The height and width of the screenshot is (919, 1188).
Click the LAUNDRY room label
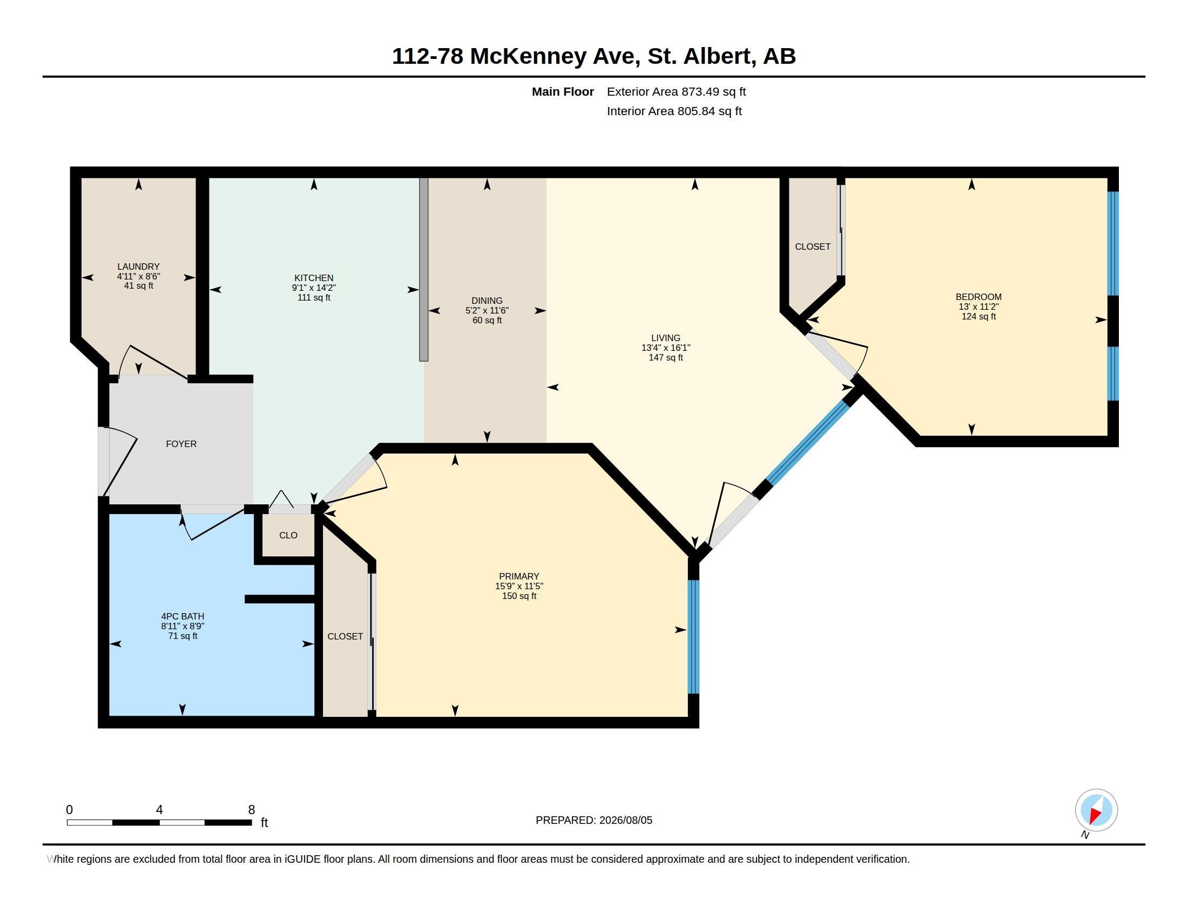(x=138, y=267)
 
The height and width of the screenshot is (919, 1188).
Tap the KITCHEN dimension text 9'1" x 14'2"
(x=314, y=288)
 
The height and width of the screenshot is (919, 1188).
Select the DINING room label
(x=487, y=301)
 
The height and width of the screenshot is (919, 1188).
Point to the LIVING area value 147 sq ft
(x=666, y=358)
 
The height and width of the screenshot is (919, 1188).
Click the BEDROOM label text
(x=978, y=297)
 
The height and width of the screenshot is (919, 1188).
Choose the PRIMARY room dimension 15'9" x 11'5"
(x=519, y=587)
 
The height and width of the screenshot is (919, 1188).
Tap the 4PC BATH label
(x=183, y=616)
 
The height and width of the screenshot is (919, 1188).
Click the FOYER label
(x=181, y=444)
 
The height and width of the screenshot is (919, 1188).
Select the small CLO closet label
(x=288, y=535)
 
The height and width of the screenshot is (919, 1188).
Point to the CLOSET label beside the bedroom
(x=813, y=247)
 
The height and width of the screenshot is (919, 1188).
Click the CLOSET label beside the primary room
(x=345, y=636)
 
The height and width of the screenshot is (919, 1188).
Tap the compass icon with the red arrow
(x=1096, y=810)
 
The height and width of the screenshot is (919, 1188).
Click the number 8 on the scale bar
(x=251, y=810)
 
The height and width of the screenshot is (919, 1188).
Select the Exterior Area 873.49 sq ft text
(x=676, y=91)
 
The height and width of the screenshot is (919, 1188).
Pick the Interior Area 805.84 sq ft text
(x=674, y=111)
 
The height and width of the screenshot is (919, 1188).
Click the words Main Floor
(x=563, y=91)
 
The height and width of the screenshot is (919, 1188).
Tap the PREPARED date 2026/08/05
(x=625, y=820)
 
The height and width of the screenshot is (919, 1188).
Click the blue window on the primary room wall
(x=693, y=637)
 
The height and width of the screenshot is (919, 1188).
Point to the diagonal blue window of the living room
(x=808, y=443)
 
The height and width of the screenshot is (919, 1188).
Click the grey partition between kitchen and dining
(x=424, y=270)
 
